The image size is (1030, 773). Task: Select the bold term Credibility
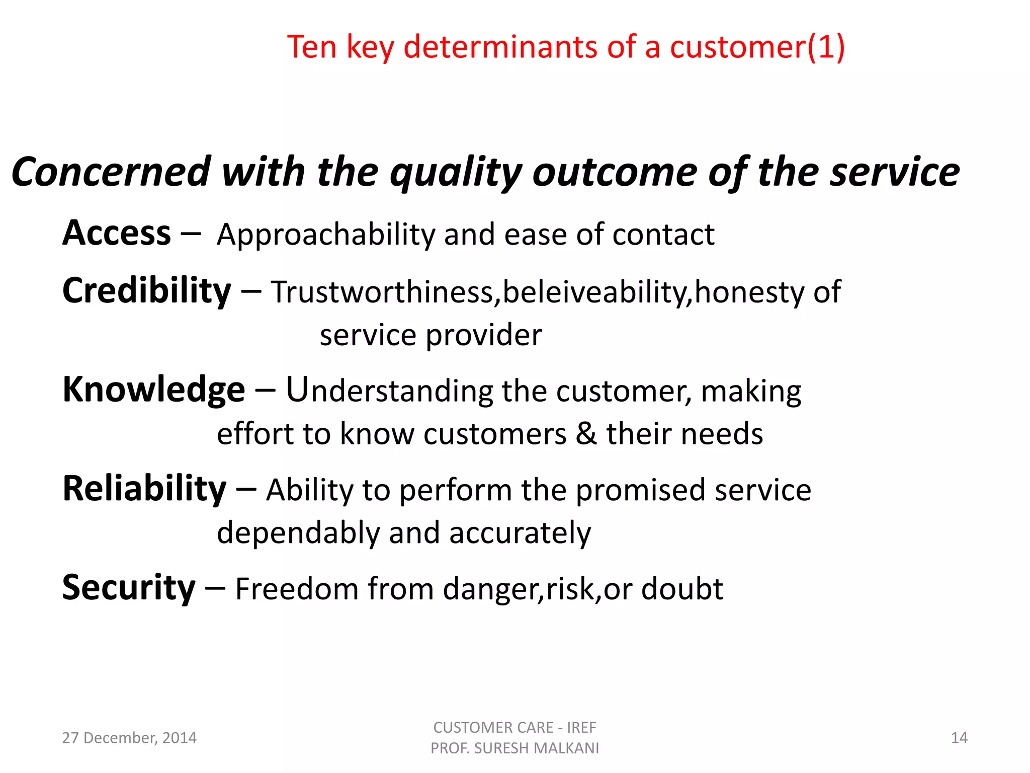(146, 292)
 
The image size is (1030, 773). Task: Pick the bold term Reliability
(144, 489)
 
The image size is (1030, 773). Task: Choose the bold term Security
(129, 588)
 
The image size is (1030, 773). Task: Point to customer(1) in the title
(756, 47)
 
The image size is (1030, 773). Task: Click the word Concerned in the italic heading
(111, 172)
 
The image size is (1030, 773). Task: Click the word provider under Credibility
(484, 336)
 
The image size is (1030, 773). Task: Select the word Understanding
(390, 391)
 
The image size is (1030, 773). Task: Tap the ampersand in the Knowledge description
(586, 434)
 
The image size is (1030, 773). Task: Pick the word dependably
(298, 533)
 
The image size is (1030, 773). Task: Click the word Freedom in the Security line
(297, 589)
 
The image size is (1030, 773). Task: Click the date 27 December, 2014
(129, 738)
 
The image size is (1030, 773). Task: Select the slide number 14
(959, 738)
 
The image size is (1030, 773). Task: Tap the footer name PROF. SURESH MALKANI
(514, 748)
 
